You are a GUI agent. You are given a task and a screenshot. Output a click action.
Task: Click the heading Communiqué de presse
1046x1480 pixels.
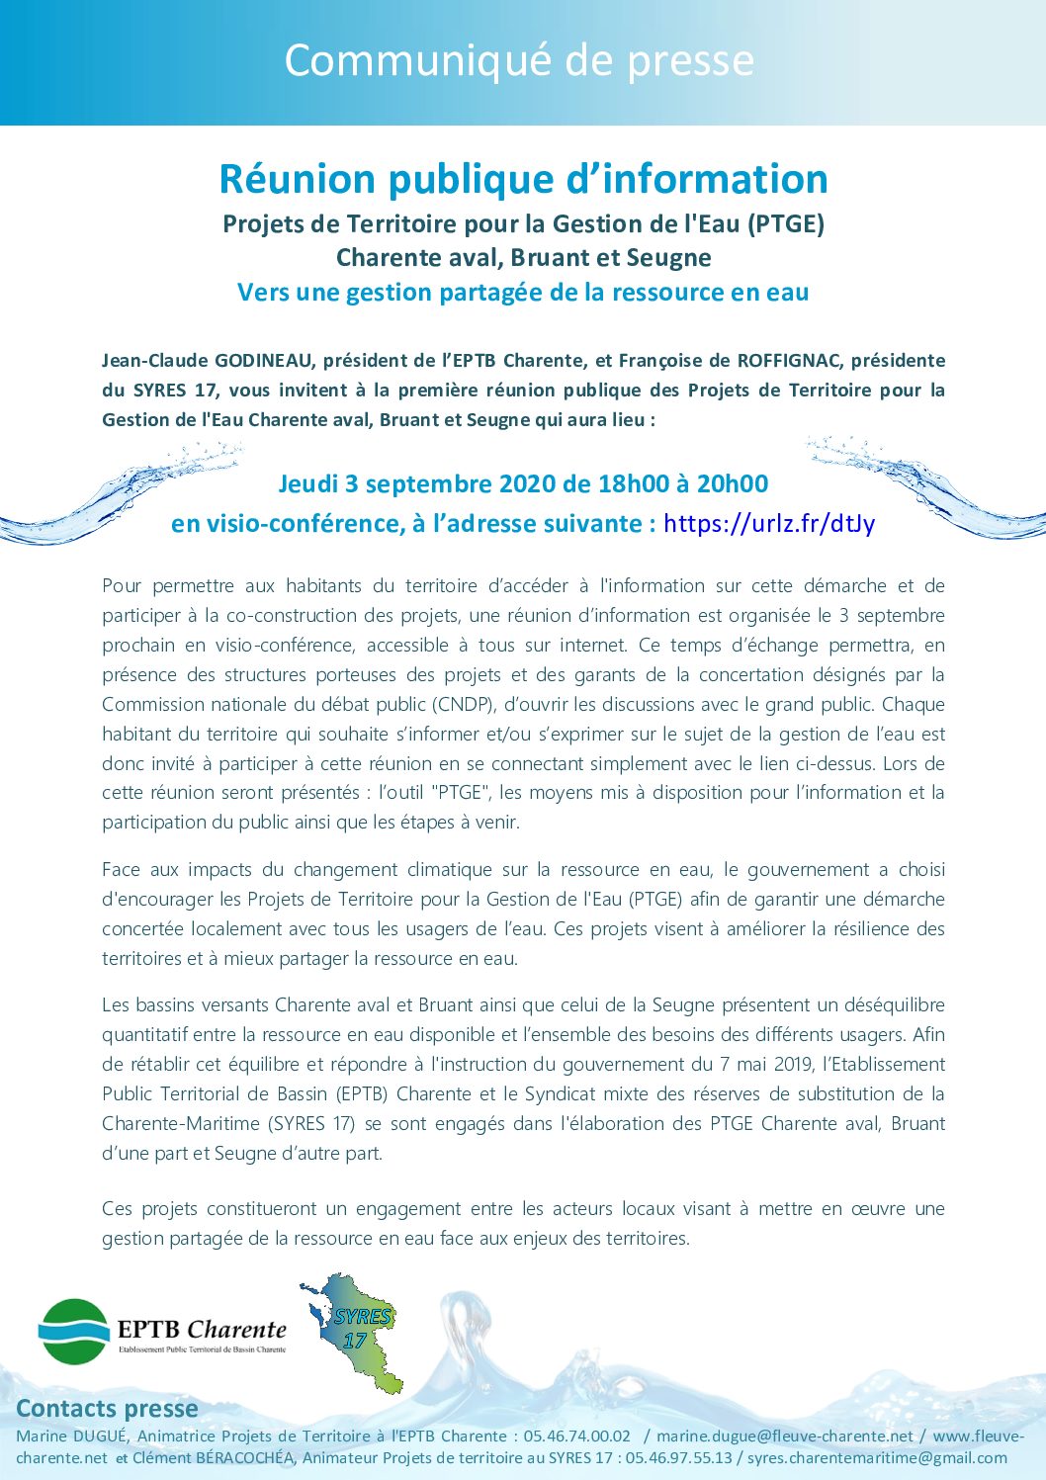pos(519,61)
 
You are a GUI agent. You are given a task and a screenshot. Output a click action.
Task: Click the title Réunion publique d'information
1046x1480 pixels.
pos(523,179)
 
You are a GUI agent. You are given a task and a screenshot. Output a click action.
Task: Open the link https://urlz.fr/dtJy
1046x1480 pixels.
pos(769,523)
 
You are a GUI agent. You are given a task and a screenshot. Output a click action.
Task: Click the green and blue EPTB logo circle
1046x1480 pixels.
pos(74,1332)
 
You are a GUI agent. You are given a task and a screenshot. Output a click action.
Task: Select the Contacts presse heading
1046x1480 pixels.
pos(107,1409)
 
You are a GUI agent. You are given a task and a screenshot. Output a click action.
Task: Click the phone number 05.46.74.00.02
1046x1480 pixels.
pos(577,1436)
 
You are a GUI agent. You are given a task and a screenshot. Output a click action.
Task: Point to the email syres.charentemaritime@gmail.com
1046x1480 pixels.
pos(877,1458)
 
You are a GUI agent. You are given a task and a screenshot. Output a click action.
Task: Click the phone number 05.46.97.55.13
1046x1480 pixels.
pos(679,1458)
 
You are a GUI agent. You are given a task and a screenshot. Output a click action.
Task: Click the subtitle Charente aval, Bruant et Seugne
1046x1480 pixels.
pos(523,258)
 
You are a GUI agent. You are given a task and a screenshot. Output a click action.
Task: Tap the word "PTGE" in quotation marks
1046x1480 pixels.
pos(463,793)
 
